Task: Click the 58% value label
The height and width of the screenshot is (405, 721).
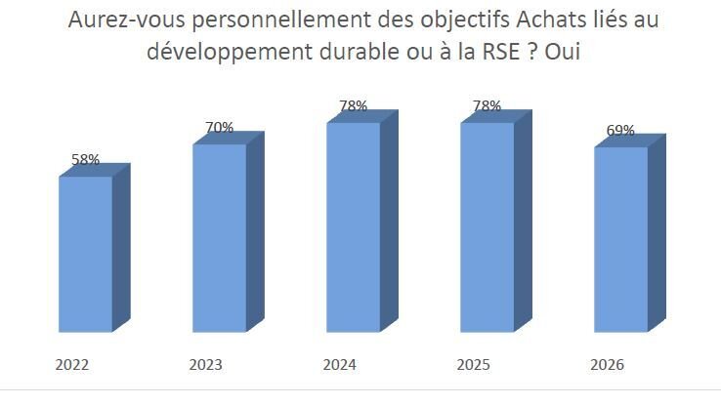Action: coord(86,159)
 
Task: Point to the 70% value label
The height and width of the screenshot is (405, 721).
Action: coord(220,127)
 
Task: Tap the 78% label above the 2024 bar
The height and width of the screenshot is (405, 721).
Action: coord(353,106)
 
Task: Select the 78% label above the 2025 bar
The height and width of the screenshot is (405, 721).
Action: coord(487,106)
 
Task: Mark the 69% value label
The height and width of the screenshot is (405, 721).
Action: coord(620,131)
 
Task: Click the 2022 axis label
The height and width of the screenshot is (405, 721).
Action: coord(71,365)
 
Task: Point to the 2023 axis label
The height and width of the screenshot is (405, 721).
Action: coord(205,365)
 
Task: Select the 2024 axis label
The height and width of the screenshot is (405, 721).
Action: coord(339,365)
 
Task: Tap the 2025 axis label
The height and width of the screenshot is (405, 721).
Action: coord(473,365)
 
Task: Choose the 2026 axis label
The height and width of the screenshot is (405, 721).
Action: coord(607,365)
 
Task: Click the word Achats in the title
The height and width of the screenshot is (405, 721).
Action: coord(549,20)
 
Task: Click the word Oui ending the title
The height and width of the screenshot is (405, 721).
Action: coord(563,52)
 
